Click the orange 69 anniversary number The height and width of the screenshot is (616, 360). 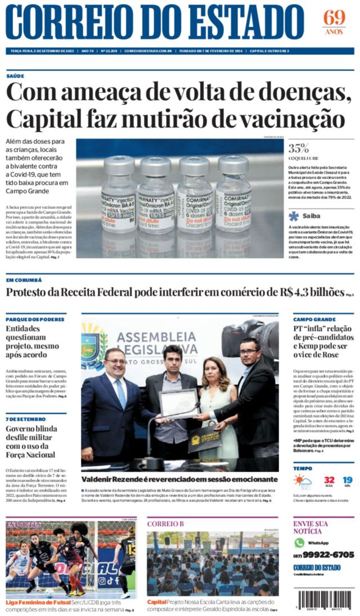coord(334,18)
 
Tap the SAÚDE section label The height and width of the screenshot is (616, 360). coord(15,76)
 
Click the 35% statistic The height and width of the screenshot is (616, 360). coord(298,148)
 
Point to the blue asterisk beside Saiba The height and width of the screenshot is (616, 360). coord(294,216)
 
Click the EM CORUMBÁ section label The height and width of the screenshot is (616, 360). coord(24,280)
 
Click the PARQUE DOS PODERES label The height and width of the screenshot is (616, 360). coord(35,319)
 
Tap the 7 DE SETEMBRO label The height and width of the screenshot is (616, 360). coord(25,419)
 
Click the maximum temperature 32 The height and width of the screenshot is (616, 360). coord(329,480)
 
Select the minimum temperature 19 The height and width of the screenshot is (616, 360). coord(347,480)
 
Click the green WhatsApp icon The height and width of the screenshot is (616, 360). coord(299,543)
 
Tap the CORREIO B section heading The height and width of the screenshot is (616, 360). coord(165,524)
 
